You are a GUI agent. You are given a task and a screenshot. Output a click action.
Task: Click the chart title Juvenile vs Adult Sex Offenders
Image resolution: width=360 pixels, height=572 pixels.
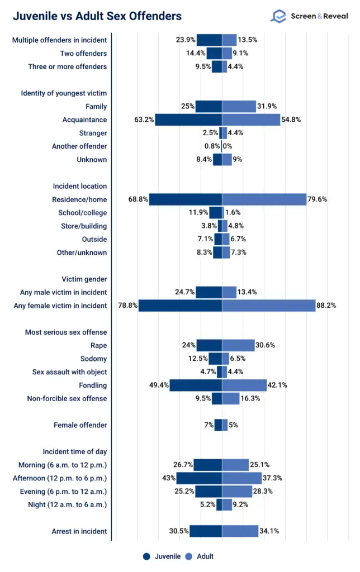97,16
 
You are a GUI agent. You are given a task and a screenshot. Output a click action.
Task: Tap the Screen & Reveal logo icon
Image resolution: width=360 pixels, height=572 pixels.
278,16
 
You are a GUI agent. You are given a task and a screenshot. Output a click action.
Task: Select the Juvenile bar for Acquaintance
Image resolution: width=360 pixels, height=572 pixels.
188,120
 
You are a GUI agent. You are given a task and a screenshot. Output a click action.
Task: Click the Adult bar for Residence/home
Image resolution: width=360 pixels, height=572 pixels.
264,199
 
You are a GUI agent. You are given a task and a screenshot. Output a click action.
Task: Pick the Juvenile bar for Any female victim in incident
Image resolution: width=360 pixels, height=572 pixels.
180,306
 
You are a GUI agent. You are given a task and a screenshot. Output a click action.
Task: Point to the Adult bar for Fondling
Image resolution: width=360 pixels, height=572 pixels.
244,385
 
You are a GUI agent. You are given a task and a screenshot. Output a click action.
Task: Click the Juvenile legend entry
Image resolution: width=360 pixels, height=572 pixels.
162,556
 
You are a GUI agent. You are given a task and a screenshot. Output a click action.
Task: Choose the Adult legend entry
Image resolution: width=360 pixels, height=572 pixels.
200,556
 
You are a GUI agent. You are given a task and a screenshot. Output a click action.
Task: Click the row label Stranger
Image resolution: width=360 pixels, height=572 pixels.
93,133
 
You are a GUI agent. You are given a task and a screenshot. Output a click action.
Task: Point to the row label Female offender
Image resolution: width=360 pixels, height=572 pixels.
80,425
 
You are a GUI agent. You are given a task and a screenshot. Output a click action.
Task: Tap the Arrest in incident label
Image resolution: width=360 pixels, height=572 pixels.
75,531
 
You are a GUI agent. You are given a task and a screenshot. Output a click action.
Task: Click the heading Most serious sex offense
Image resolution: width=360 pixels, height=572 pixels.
65,332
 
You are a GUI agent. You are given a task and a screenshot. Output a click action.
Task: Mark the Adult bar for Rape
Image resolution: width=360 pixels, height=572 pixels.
238,345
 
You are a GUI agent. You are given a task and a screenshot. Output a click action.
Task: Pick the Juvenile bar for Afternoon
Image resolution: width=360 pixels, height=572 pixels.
199,478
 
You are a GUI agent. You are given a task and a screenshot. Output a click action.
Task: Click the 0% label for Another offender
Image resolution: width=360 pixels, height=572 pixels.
230,146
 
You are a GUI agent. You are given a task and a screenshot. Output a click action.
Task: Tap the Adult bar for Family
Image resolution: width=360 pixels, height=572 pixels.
239,106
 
